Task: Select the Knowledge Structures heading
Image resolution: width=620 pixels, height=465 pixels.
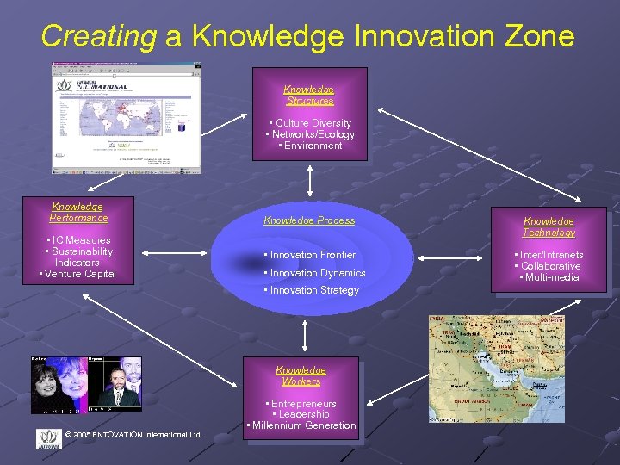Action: (x=309, y=96)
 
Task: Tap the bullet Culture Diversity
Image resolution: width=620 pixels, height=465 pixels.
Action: (x=310, y=123)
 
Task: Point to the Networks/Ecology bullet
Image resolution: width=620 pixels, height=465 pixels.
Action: (x=310, y=134)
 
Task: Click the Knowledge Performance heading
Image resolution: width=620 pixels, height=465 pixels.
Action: (x=78, y=213)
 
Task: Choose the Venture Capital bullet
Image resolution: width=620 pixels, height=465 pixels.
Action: (x=77, y=274)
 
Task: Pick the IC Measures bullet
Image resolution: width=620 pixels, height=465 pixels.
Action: (x=78, y=240)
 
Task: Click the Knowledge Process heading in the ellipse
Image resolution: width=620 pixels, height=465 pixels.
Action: (x=309, y=220)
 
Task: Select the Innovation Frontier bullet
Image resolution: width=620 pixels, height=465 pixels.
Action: (x=310, y=255)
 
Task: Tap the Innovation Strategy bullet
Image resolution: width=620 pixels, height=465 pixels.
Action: (x=312, y=290)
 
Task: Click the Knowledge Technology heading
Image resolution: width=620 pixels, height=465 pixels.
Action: (x=549, y=227)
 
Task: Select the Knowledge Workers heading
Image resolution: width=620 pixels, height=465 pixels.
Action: (x=301, y=375)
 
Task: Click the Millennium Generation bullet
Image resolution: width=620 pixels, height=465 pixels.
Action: (x=301, y=425)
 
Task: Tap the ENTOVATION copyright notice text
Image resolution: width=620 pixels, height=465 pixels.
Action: (x=133, y=434)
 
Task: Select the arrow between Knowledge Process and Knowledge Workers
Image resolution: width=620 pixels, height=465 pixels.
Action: (x=305, y=334)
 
